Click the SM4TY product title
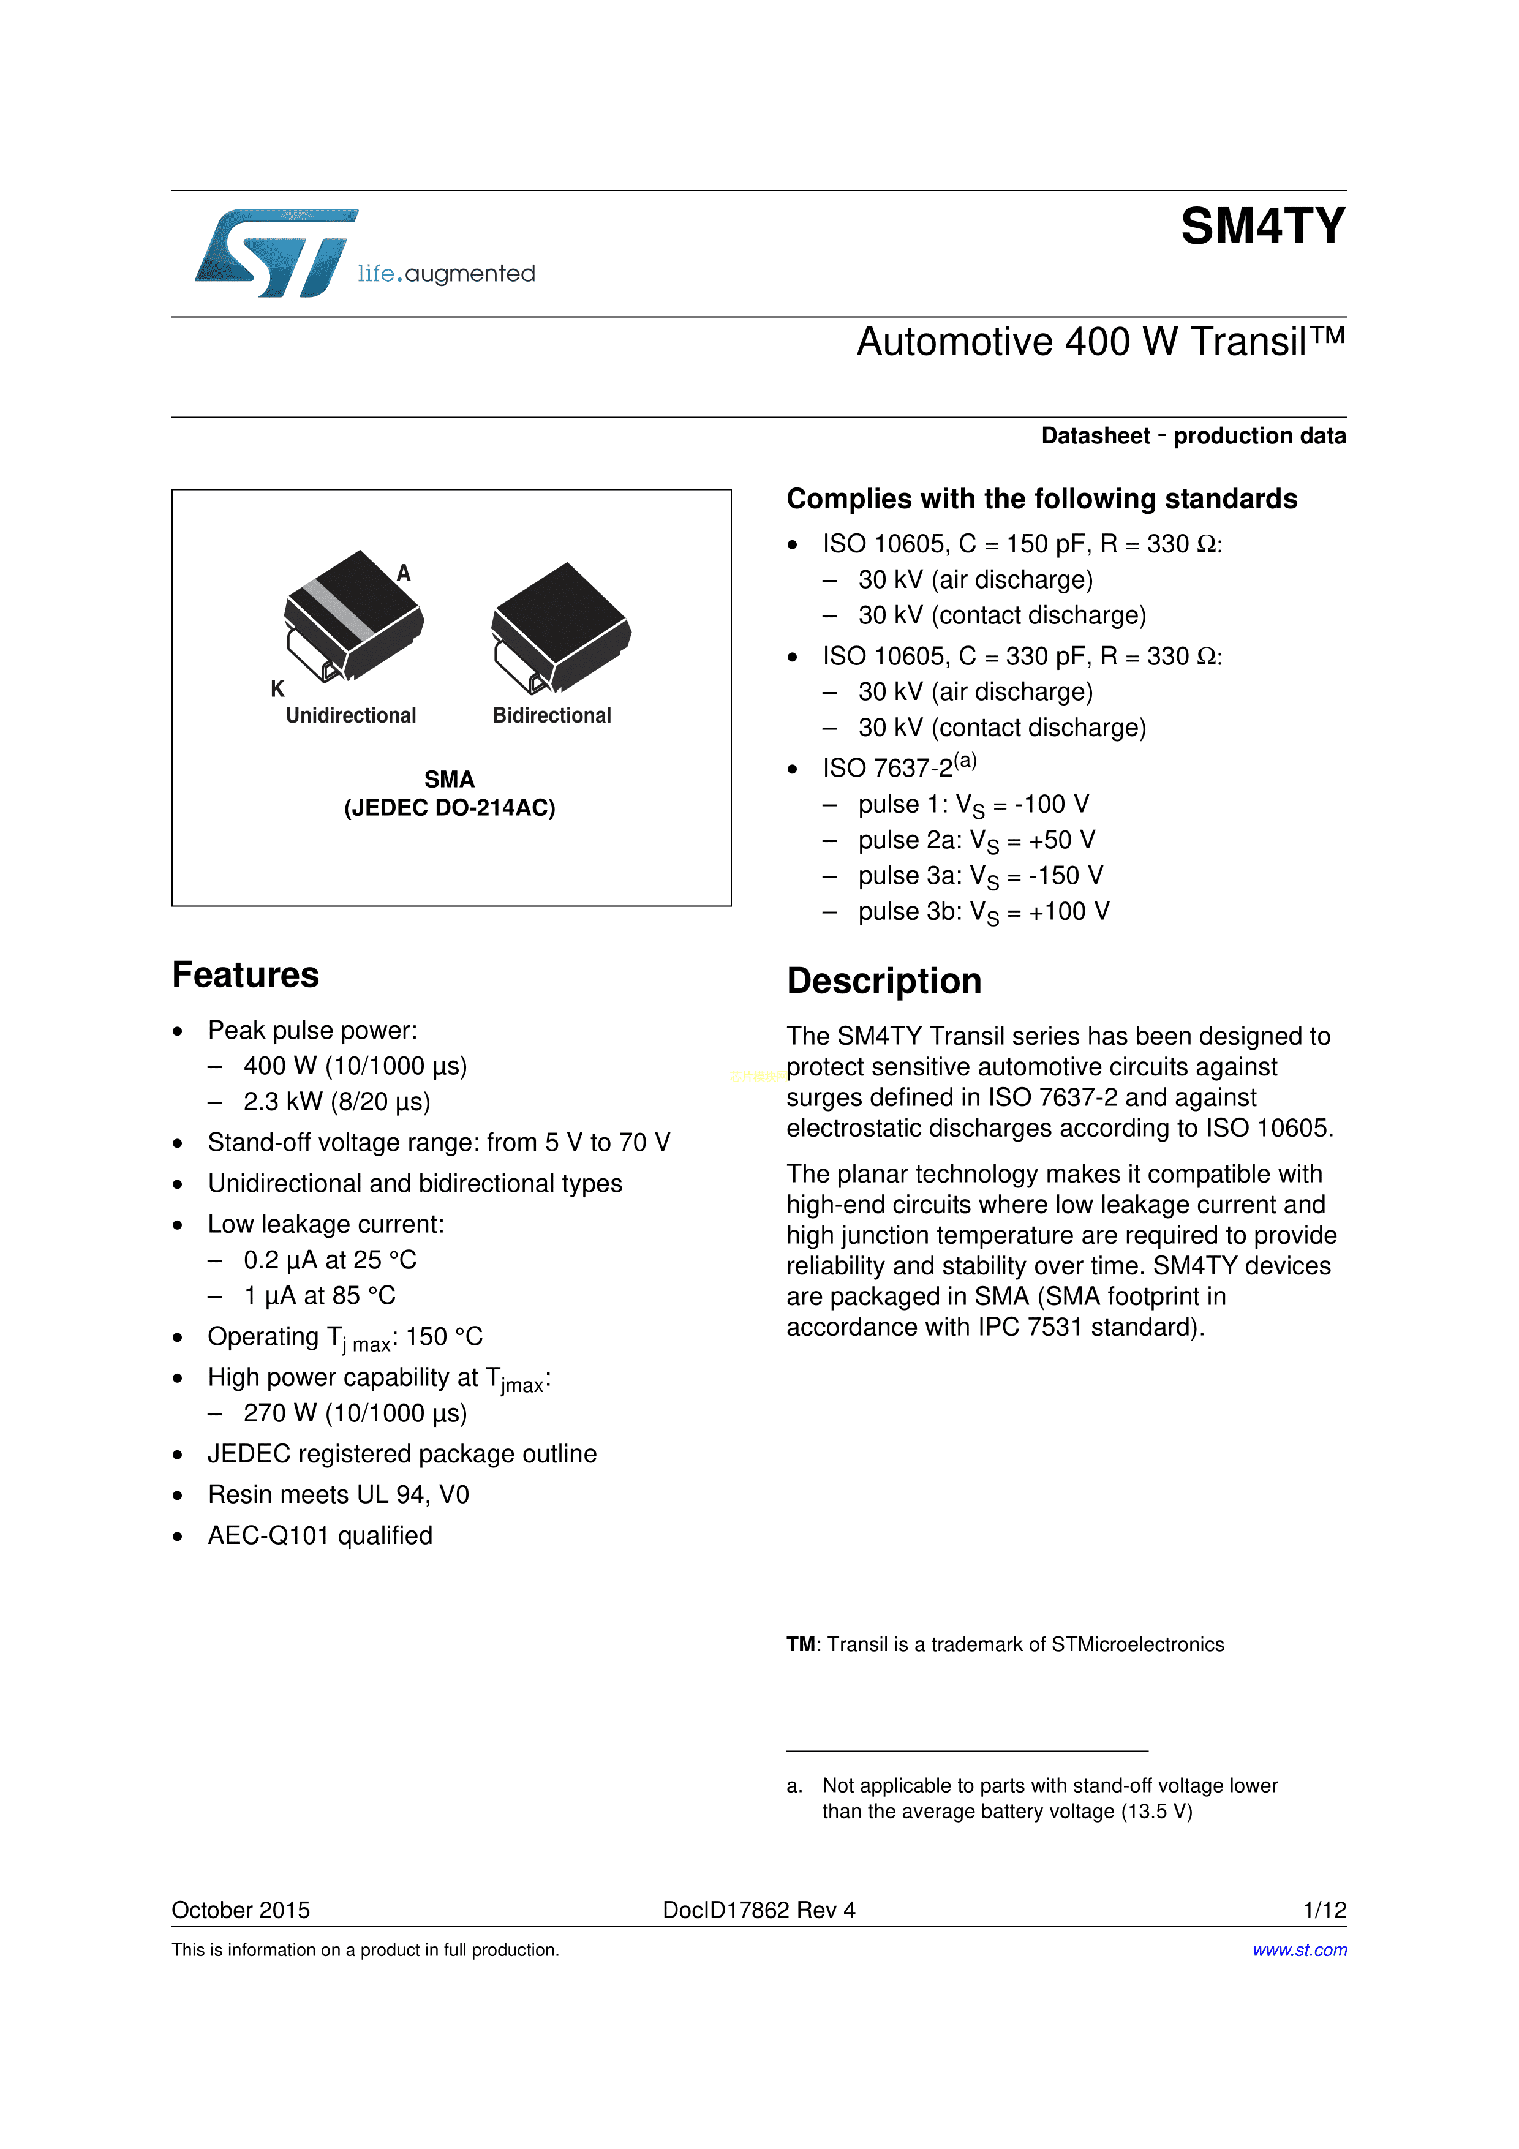tap(1262, 227)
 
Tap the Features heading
tap(245, 975)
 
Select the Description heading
tap(883, 981)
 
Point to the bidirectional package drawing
tap(560, 627)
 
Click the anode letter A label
tap(404, 573)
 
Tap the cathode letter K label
tap(277, 689)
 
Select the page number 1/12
tap(1324, 1910)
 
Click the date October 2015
tap(241, 1910)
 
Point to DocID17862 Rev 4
tap(758, 1910)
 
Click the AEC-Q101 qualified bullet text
tap(320, 1536)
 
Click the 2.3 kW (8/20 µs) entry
tap(337, 1102)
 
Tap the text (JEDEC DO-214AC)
tap(449, 808)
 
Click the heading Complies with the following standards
tap(1041, 499)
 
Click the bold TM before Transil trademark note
tap(800, 1644)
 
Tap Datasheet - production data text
tap(1193, 436)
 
